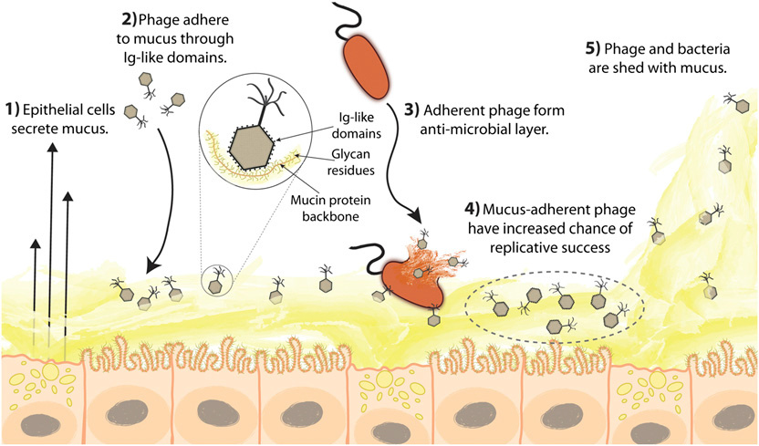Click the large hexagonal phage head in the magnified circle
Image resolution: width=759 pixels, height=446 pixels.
[260, 143]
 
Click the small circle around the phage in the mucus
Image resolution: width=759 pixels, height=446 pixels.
[217, 279]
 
